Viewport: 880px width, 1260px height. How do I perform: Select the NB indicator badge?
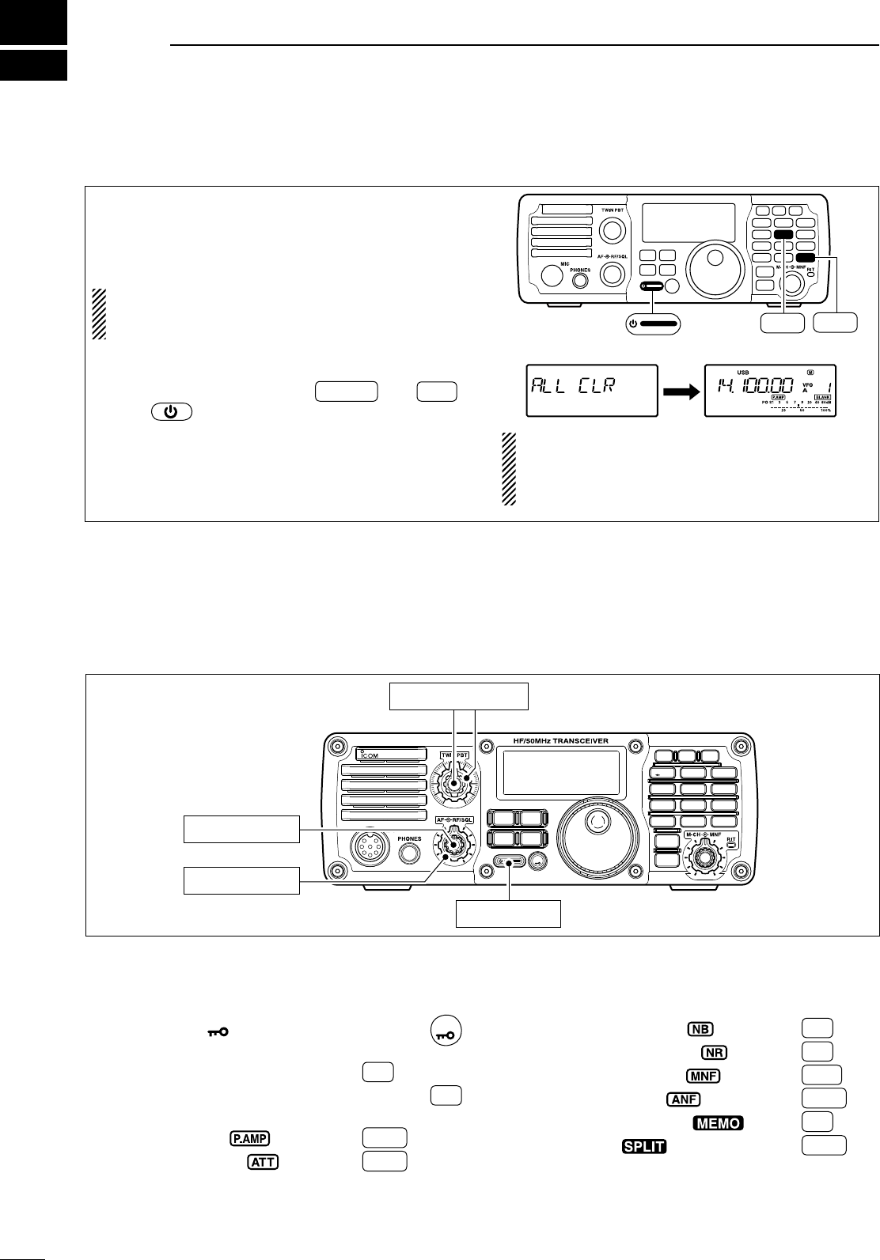click(x=700, y=1029)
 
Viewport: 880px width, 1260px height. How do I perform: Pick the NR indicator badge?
click(x=714, y=1052)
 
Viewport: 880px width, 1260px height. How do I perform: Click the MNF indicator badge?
click(x=703, y=1076)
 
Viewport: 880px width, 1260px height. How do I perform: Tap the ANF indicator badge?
click(x=681, y=1099)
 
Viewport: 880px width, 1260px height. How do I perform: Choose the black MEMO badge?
click(x=719, y=1122)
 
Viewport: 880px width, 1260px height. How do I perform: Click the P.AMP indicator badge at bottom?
click(x=249, y=1138)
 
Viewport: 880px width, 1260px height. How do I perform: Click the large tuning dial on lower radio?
click(x=596, y=833)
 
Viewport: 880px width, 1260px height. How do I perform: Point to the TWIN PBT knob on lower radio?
click(x=456, y=784)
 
